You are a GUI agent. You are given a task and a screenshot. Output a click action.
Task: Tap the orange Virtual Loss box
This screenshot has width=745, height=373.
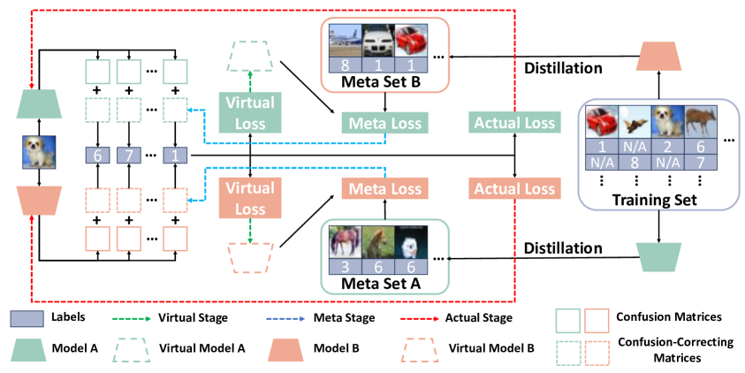pyautogui.click(x=250, y=198)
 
